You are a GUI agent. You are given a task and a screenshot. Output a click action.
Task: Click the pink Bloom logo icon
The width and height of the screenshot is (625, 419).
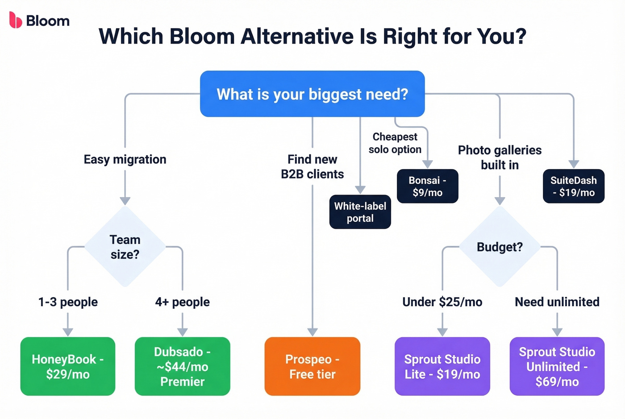[16, 21]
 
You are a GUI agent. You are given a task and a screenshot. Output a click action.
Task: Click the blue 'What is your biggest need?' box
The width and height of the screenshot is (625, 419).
[312, 94]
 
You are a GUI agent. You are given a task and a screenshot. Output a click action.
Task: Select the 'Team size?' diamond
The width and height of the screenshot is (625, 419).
[125, 247]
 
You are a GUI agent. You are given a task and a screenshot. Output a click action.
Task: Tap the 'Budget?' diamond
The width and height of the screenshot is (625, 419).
[500, 247]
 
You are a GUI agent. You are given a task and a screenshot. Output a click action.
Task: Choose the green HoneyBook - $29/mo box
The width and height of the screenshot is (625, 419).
[68, 366]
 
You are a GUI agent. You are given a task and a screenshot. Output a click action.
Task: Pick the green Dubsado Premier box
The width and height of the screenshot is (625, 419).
[182, 366]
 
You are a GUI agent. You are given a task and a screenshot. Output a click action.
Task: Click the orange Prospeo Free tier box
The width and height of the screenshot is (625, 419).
[312, 366]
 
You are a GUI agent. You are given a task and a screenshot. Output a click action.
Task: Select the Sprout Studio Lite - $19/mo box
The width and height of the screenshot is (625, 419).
[442, 366]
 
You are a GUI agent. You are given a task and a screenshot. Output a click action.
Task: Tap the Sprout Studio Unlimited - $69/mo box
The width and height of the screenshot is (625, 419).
[557, 366]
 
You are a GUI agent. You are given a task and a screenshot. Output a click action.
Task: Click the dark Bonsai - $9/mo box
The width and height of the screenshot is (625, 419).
[427, 186]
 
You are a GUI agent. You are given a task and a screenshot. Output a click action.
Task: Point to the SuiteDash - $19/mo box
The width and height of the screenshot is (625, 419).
[573, 186]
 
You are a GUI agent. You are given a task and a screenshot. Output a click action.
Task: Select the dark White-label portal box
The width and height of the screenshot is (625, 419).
[360, 212]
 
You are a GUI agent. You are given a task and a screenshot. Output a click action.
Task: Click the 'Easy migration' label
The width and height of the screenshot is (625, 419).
[125, 159]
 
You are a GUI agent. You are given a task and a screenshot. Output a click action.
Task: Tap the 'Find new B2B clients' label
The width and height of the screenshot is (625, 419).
[312, 166]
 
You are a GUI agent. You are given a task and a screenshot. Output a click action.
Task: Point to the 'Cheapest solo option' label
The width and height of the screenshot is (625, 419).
[395, 143]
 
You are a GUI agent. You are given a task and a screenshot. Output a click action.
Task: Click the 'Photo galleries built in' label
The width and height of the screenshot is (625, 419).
[500, 157]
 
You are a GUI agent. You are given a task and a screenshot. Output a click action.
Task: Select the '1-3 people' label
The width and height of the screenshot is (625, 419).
[68, 302]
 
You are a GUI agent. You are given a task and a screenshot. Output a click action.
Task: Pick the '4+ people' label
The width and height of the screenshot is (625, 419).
[182, 302]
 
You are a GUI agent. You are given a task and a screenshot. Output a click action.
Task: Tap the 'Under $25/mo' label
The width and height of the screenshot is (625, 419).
[442, 302]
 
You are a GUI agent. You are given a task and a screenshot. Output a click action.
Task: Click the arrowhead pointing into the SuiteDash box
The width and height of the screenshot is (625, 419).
[574, 164]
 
